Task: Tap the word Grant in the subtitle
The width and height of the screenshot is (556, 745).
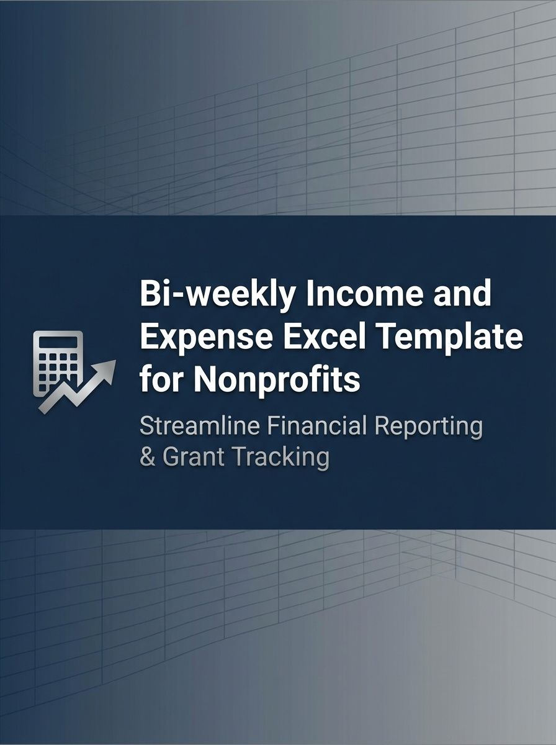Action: click(195, 457)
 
